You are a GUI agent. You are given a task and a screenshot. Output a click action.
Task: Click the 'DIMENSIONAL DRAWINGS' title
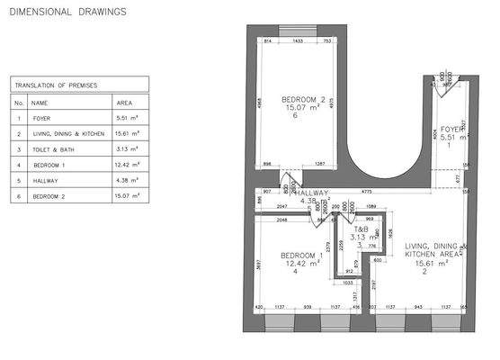[x=67, y=13]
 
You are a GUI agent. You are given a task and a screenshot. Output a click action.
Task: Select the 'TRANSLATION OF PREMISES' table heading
[x=56, y=85]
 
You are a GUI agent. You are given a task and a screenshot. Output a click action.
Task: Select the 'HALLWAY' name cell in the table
[x=46, y=180]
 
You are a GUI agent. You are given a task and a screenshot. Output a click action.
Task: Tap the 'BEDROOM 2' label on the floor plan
[x=302, y=98]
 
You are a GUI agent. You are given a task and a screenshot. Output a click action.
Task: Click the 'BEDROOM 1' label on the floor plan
[x=301, y=255]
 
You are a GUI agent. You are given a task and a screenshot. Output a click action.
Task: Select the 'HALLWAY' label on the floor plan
[x=312, y=193]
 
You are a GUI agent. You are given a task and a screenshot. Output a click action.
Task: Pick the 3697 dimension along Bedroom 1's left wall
[x=258, y=265]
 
